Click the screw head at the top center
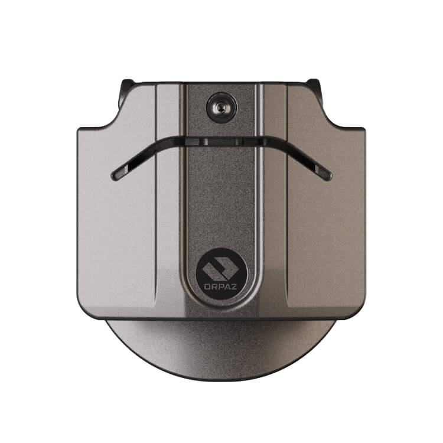point(221,108)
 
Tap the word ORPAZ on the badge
point(221,286)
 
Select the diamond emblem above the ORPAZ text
point(221,268)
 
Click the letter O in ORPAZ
point(207,286)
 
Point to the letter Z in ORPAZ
point(234,286)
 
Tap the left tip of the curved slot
point(113,176)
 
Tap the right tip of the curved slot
point(330,176)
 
